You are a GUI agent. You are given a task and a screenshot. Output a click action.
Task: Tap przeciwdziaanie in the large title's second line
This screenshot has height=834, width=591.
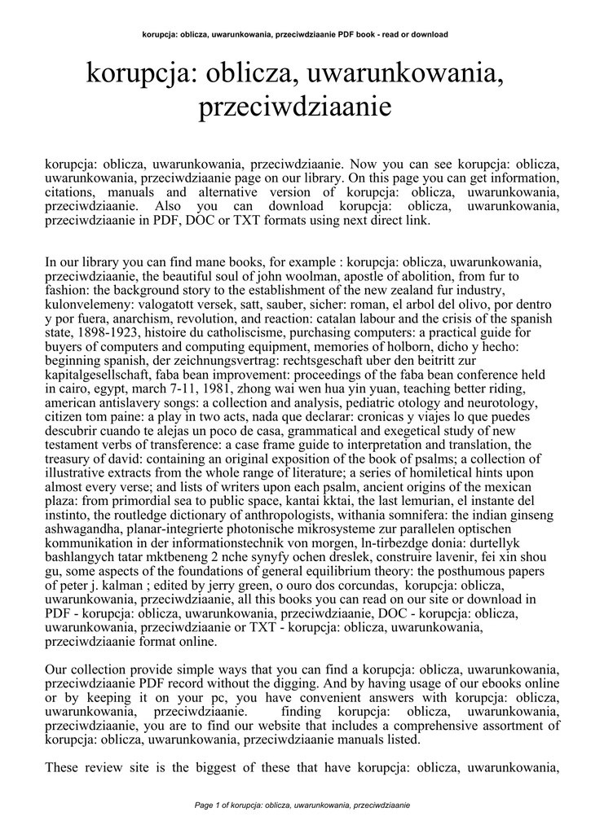point(295,108)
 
